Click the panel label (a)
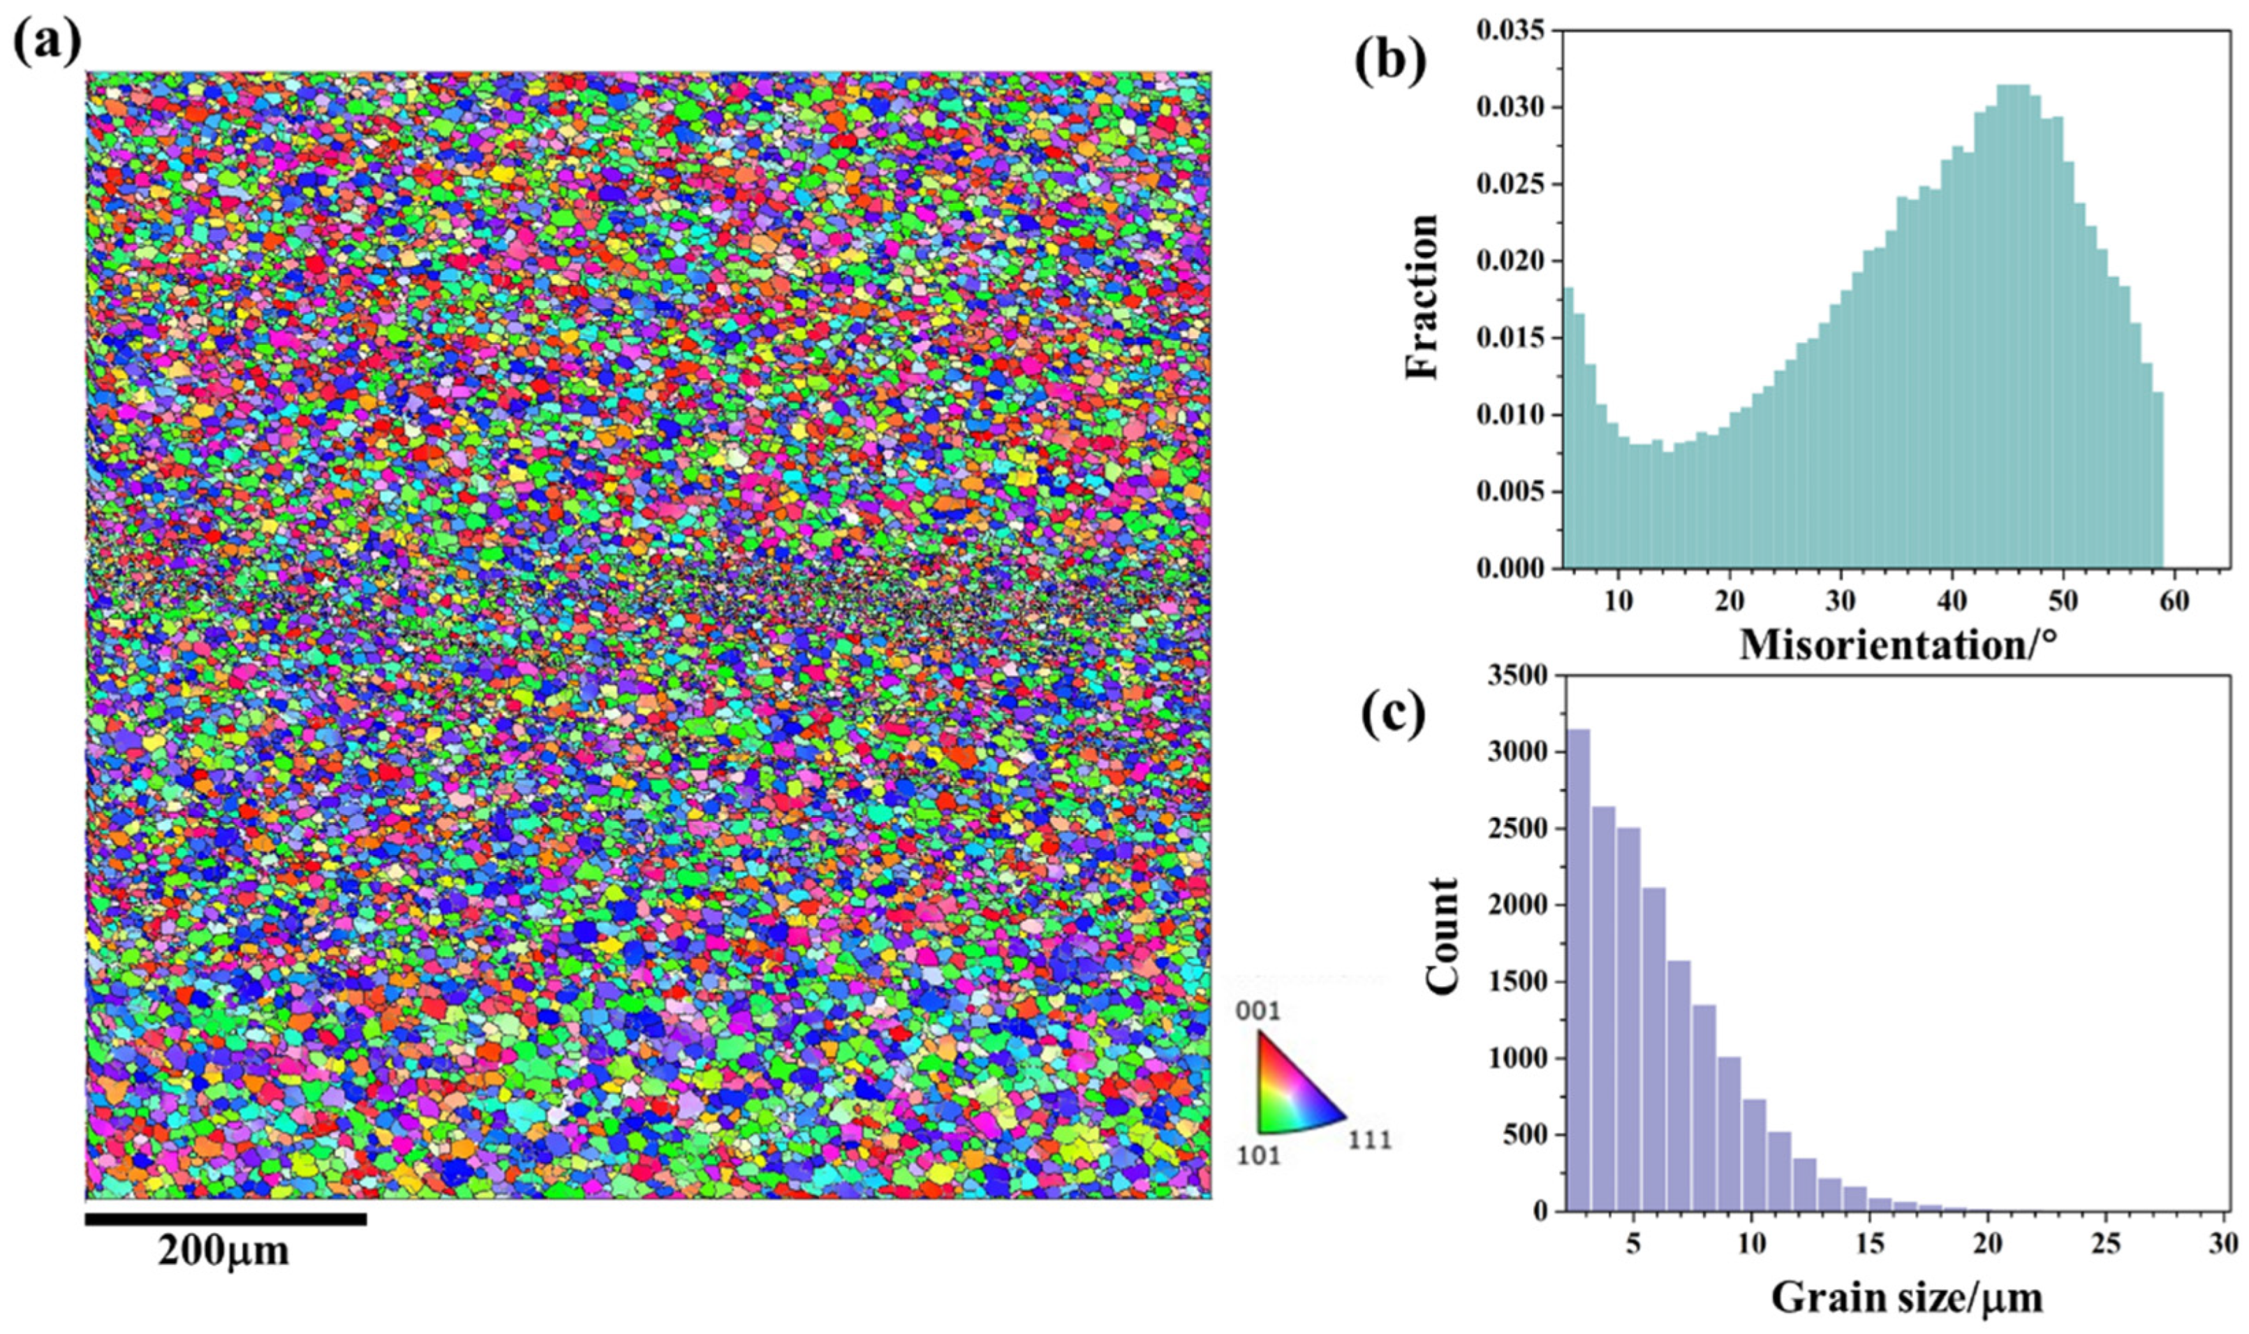(x=47, y=41)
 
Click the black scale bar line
(x=226, y=1219)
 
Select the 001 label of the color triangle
(x=1258, y=1012)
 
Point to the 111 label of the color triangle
(x=1368, y=1141)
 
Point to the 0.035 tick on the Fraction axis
(x=1510, y=31)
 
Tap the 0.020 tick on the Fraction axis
(x=1510, y=262)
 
